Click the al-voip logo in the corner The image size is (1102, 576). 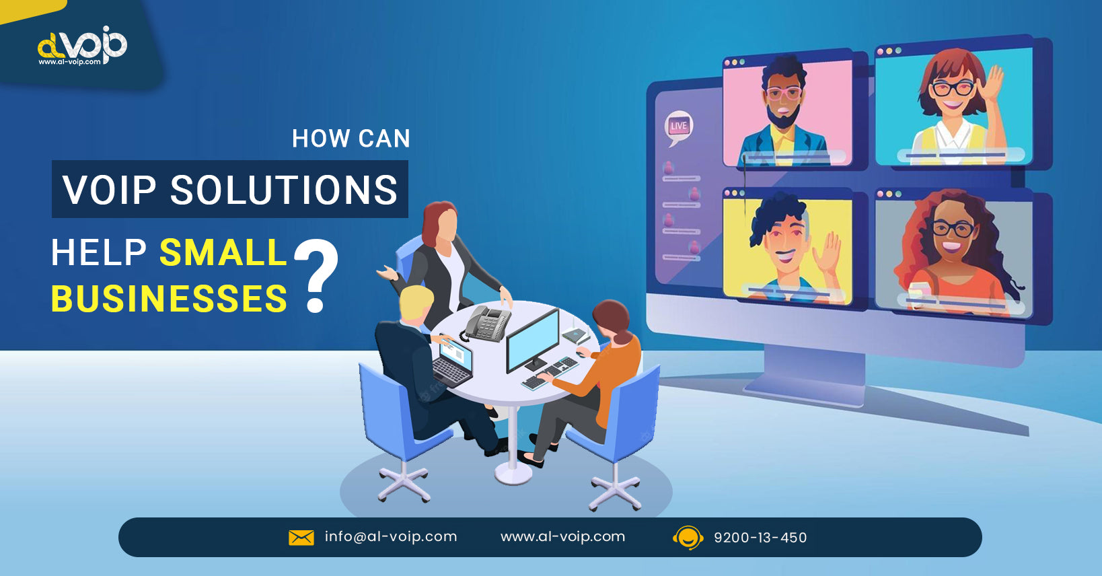82,46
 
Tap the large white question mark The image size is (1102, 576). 316,275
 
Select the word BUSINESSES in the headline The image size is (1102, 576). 170,299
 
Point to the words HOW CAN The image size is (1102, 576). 351,138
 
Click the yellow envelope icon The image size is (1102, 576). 301,538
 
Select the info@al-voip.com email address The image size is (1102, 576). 391,537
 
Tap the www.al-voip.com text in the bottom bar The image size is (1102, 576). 563,537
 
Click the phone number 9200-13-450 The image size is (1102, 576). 760,538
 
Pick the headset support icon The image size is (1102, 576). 688,538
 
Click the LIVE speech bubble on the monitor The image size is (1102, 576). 678,127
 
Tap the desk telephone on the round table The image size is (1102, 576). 487,323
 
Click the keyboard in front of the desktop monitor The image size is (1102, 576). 550,374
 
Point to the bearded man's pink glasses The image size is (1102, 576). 784,93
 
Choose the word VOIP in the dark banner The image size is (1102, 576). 109,190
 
